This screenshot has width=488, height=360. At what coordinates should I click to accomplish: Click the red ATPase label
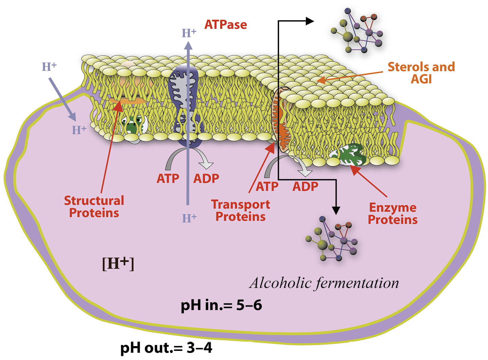[x=225, y=25]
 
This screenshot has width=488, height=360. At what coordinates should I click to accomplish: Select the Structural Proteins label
[x=94, y=207]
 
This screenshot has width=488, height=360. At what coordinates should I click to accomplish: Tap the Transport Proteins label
[x=240, y=210]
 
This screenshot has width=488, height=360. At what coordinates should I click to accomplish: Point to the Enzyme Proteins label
[x=393, y=213]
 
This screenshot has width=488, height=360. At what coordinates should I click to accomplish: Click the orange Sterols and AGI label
[x=421, y=73]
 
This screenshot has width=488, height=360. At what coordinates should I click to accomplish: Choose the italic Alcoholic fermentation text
[x=324, y=283]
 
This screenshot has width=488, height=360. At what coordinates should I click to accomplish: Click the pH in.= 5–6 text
[x=221, y=305]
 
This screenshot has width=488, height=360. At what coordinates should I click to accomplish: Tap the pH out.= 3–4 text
[x=166, y=348]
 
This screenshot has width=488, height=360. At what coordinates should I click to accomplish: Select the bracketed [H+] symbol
[x=118, y=263]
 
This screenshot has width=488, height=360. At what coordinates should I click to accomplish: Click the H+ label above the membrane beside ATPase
[x=189, y=33]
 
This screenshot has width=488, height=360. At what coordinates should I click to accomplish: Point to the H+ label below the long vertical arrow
[x=189, y=218]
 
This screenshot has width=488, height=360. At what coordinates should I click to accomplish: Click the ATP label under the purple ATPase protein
[x=168, y=178]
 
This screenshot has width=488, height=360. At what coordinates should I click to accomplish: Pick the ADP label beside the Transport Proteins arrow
[x=305, y=186]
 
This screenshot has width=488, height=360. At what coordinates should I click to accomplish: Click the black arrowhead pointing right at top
[x=309, y=21]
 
